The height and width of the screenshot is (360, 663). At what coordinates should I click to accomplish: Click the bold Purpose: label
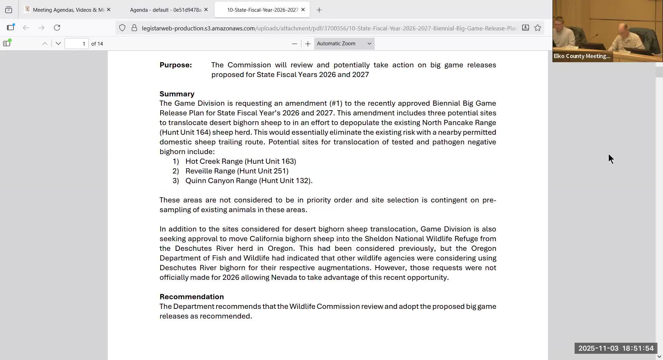pos(175,65)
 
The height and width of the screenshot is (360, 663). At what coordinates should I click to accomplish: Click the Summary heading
pos(177,94)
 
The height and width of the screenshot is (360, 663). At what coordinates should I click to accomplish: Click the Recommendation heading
pos(192,297)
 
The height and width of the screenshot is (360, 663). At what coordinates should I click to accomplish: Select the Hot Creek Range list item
pos(240,161)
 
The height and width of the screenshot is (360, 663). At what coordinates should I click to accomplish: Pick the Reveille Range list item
pos(237,171)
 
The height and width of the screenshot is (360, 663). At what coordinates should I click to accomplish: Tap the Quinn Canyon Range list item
pos(249,181)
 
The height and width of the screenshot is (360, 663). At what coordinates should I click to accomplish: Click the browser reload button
pos(57,28)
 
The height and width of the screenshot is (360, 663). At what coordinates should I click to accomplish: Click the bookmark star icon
pos(538,28)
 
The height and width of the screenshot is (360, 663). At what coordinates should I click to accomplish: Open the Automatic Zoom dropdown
pos(344,44)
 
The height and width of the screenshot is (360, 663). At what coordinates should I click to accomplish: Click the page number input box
pos(76,44)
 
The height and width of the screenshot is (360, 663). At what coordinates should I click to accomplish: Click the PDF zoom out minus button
pos(294,44)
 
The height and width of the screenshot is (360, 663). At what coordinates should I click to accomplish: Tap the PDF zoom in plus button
pos(308,44)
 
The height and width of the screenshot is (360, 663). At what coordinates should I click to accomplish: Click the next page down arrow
pos(58,44)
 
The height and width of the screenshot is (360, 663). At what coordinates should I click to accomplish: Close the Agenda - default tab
pos(206,10)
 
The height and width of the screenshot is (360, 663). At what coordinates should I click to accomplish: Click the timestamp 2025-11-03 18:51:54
pos(616,348)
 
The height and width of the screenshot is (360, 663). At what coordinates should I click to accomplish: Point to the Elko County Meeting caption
pos(582,56)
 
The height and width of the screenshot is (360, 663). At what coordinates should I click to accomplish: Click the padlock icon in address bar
pos(134,28)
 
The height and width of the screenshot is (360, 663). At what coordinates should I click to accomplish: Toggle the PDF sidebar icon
pos(7,44)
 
